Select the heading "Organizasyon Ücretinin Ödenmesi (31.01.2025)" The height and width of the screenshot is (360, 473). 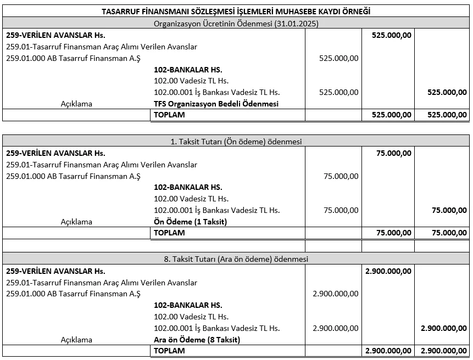236,24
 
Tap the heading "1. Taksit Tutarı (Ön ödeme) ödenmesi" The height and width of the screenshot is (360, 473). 236,141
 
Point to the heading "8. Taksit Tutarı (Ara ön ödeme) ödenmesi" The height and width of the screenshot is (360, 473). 236,259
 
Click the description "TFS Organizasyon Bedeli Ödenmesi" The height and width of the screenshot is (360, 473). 216,104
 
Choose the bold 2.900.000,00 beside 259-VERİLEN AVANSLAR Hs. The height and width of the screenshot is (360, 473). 387,271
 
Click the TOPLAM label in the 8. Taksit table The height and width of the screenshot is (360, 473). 169,351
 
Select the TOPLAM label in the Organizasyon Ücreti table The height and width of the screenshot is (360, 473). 169,115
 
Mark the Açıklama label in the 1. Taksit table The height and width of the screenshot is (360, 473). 76,222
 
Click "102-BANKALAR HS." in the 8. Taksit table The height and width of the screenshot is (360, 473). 188,305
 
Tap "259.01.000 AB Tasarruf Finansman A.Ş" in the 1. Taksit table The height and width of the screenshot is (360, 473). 74,176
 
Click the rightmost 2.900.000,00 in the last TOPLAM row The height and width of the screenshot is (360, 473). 443,351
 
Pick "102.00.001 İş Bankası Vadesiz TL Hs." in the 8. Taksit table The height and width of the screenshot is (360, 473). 216,328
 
